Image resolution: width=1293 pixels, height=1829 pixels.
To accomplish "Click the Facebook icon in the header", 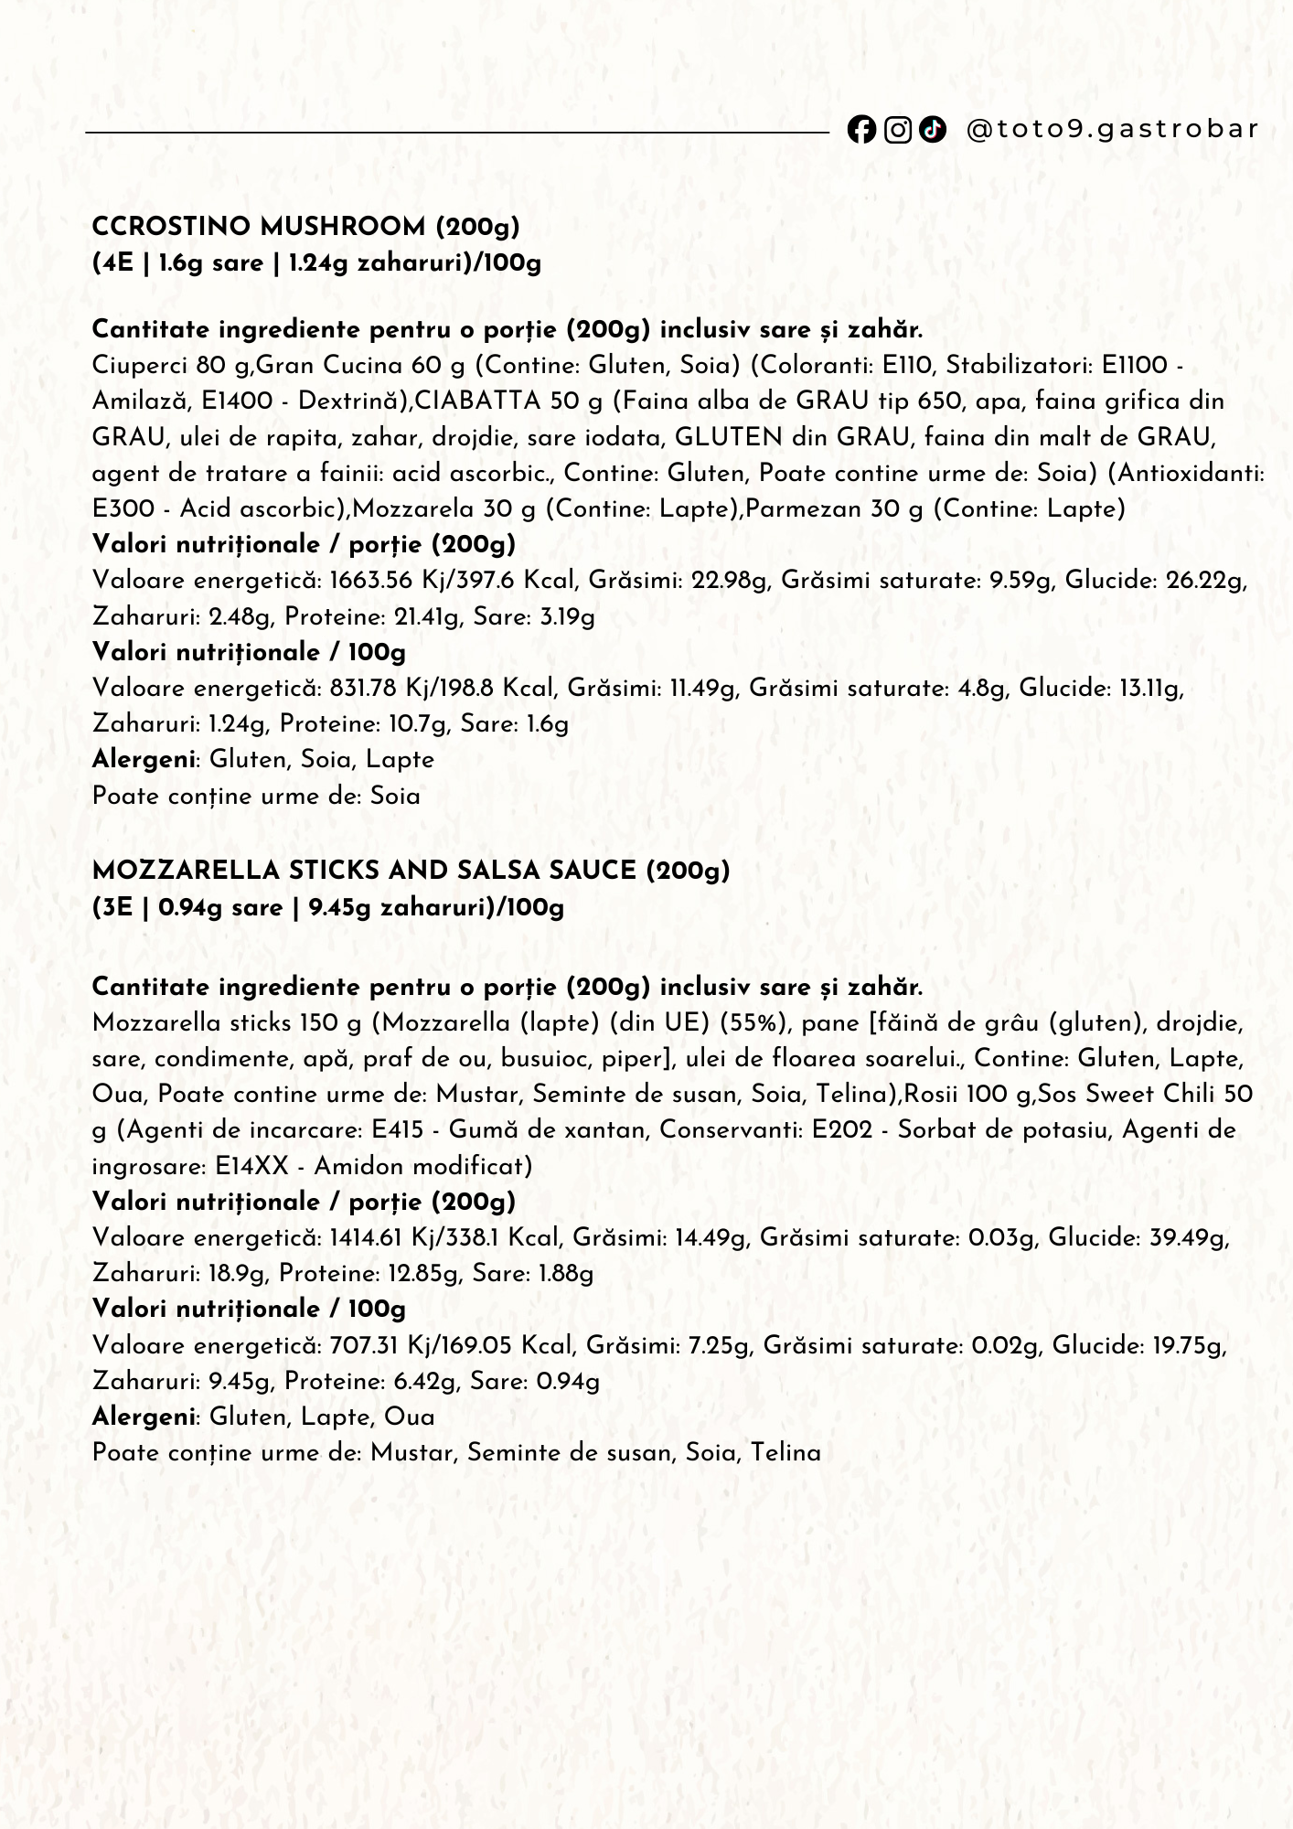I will (x=860, y=130).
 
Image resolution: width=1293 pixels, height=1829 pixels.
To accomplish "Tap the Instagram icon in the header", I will (x=898, y=130).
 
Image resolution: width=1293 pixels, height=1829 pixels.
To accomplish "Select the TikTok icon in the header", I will (x=932, y=130).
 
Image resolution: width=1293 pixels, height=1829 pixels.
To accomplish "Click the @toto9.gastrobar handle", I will (x=1113, y=129).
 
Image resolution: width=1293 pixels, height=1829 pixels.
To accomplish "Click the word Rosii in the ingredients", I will (x=931, y=1095).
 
